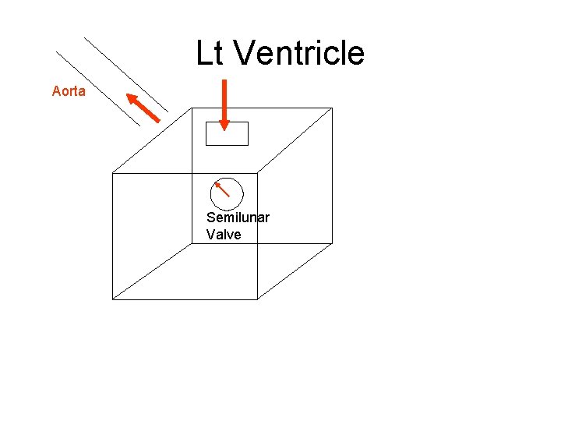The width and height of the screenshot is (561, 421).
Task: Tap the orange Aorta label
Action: pyautogui.click(x=69, y=91)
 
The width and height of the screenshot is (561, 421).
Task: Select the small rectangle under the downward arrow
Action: pyautogui.click(x=227, y=134)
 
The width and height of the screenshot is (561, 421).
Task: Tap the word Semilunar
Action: pyautogui.click(x=238, y=218)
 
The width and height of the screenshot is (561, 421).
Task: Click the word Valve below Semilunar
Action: pyautogui.click(x=224, y=234)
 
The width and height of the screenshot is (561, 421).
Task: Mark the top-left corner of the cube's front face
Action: pyautogui.click(x=113, y=173)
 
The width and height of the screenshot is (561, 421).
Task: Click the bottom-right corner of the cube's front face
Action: pyautogui.click(x=257, y=299)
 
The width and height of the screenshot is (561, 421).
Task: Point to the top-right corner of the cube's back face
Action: pyautogui.click(x=332, y=108)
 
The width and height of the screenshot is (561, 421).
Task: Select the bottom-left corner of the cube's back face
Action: pyautogui.click(x=192, y=243)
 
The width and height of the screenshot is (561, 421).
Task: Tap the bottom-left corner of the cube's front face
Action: pyautogui.click(x=113, y=299)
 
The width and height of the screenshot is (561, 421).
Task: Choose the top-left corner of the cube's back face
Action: pyautogui.click(x=192, y=108)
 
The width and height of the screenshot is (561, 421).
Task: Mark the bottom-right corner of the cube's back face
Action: pyautogui.click(x=332, y=243)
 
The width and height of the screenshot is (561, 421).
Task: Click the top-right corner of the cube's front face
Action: pyautogui.click(x=257, y=173)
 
